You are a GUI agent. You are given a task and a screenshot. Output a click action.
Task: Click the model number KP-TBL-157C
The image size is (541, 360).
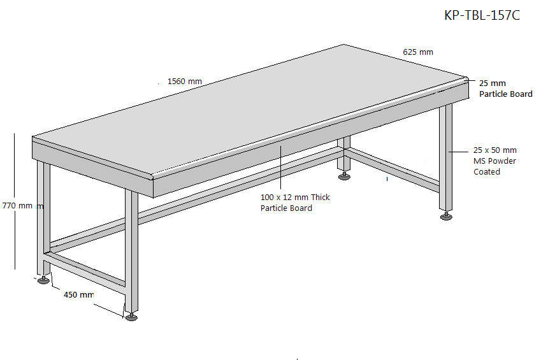pyautogui.click(x=482, y=15)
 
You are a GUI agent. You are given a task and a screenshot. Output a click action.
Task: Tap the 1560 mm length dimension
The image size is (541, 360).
pyautogui.click(x=185, y=82)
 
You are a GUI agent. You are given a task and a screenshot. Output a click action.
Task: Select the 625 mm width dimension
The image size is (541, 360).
pyautogui.click(x=418, y=52)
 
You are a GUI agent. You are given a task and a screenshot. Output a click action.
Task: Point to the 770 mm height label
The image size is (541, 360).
pyautogui.click(x=17, y=206)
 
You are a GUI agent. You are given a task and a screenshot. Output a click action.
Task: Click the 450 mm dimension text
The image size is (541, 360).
pyautogui.click(x=78, y=295)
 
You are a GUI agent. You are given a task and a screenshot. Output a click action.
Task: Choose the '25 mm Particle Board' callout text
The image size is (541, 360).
pyautogui.click(x=505, y=89)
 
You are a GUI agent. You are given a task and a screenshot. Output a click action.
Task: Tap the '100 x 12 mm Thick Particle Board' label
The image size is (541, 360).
pyautogui.click(x=295, y=203)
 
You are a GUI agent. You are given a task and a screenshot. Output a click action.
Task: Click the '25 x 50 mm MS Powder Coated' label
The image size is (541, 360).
pyautogui.click(x=494, y=161)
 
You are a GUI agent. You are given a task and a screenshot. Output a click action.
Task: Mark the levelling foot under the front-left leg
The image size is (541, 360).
pyautogui.click(x=43, y=280)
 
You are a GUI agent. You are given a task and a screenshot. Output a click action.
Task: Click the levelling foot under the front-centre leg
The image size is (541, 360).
pyautogui.click(x=131, y=317)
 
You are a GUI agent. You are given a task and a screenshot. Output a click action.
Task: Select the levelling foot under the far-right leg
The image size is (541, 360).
pyautogui.click(x=446, y=216)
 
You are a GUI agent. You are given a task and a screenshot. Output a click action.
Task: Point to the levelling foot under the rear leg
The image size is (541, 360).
pyautogui.click(x=344, y=176)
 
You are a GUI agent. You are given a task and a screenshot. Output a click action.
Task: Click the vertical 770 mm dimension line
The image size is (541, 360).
pyautogui.click(x=15, y=201)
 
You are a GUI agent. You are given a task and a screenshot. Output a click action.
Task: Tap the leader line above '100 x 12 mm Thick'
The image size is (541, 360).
pyautogui.click(x=280, y=168)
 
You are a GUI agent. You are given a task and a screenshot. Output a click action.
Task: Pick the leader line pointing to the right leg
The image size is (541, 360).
pyautogui.click(x=458, y=152)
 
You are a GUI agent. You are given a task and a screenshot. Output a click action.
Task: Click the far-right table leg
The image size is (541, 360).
pyautogui.click(x=446, y=157)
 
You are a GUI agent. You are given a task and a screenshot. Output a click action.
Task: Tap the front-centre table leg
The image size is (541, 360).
pyautogui.click(x=131, y=251)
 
